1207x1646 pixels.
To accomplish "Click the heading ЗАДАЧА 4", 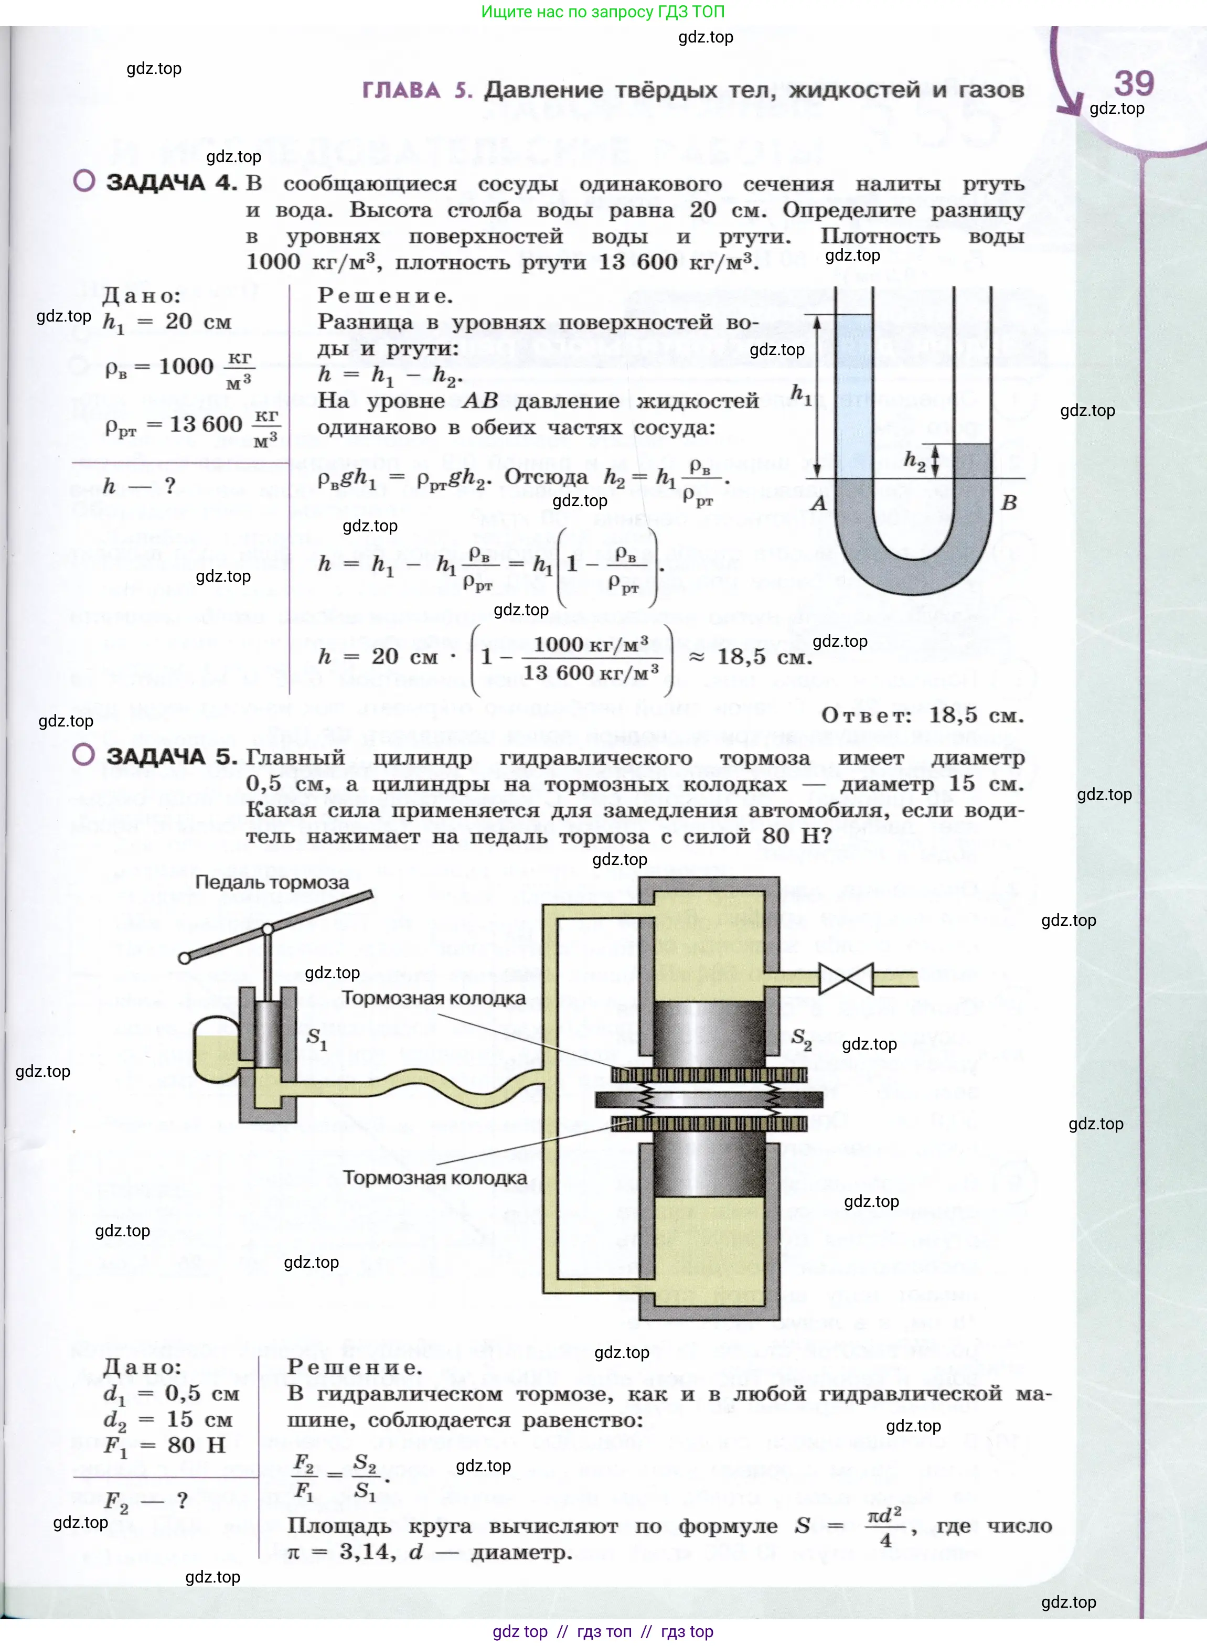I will click(172, 182).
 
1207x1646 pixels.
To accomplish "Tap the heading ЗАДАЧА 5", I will click(172, 756).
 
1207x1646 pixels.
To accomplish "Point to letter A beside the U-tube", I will click(819, 503).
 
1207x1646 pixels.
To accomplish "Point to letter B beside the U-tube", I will click(1009, 503).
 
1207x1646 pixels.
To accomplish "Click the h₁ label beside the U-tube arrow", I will click(802, 394).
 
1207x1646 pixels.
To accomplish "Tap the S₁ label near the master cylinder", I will click(316, 1038).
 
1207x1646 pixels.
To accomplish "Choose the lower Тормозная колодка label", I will click(435, 1178).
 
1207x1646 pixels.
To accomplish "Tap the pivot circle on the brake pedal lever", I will click(268, 929).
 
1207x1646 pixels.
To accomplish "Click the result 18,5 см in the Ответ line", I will click(975, 715).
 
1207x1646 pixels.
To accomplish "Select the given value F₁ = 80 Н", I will click(164, 1445).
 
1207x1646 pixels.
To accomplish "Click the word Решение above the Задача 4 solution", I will click(385, 296).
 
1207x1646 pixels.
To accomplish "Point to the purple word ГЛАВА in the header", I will click(401, 90).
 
